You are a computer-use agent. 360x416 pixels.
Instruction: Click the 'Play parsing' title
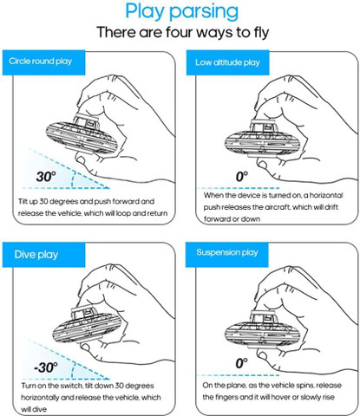tap(182, 11)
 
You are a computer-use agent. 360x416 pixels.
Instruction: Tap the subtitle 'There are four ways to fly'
tap(183, 32)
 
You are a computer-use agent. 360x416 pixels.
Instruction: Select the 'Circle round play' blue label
tap(43, 62)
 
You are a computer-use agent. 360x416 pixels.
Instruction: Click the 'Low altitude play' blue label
tap(227, 62)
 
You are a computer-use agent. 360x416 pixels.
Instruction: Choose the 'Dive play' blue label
tap(43, 255)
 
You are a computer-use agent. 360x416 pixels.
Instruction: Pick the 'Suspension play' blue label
tap(227, 254)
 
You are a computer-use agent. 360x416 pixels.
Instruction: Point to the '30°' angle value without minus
tap(46, 177)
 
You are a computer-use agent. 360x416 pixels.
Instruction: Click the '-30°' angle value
tap(45, 367)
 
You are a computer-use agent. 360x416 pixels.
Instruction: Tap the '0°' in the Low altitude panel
tap(242, 177)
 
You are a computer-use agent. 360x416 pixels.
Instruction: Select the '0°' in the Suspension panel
tap(242, 363)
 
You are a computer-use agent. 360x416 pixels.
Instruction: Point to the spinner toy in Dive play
tap(87, 324)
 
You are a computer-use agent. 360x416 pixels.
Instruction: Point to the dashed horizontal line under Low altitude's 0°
tap(239, 188)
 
